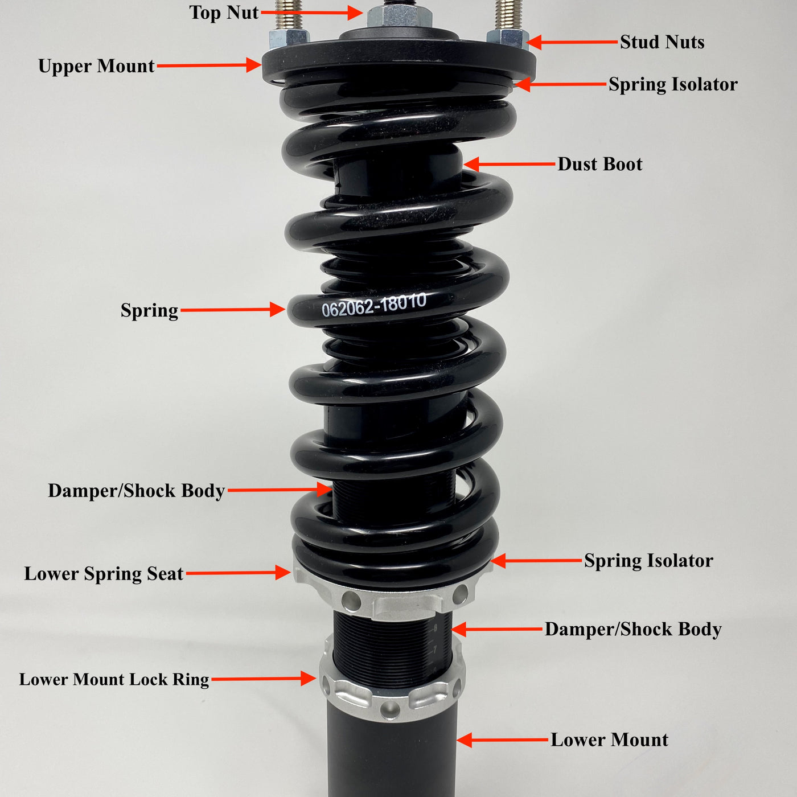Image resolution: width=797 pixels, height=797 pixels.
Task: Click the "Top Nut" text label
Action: point(224,13)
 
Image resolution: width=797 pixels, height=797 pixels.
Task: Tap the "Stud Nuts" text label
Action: point(662,42)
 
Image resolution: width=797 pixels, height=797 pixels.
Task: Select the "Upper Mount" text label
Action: point(96,66)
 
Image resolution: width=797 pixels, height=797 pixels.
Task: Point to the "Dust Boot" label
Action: point(599,164)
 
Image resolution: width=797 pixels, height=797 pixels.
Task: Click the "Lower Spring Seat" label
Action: point(104,574)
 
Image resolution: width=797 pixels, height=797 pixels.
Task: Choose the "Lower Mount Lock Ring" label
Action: point(114,679)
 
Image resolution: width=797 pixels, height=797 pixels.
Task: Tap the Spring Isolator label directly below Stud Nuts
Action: point(673,84)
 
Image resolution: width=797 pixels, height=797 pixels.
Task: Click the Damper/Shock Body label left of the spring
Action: point(136,491)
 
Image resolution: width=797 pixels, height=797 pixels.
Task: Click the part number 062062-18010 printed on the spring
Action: point(374,306)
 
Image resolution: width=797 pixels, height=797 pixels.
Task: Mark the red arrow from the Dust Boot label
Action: point(510,165)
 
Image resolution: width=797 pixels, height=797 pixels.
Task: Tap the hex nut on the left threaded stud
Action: point(289,39)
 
